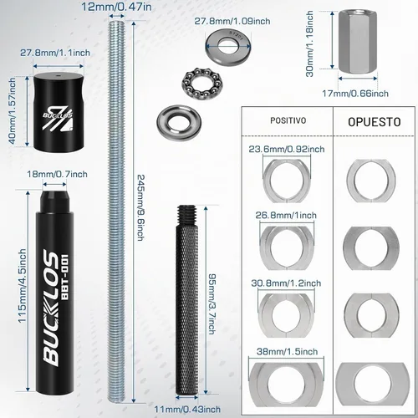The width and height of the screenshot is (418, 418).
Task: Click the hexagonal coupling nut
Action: tap(358, 42)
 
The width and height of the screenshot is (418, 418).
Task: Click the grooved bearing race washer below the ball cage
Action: tap(179, 123)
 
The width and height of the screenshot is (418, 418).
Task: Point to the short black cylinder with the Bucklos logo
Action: tap(59, 112)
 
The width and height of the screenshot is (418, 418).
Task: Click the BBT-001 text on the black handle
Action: tap(64, 277)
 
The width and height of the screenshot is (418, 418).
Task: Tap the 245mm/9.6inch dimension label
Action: tap(141, 207)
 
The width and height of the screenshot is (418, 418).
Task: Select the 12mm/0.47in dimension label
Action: tap(117, 7)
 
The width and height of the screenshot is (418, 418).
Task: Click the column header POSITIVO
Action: tap(288, 120)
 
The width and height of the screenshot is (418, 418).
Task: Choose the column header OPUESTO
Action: tap(375, 122)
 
